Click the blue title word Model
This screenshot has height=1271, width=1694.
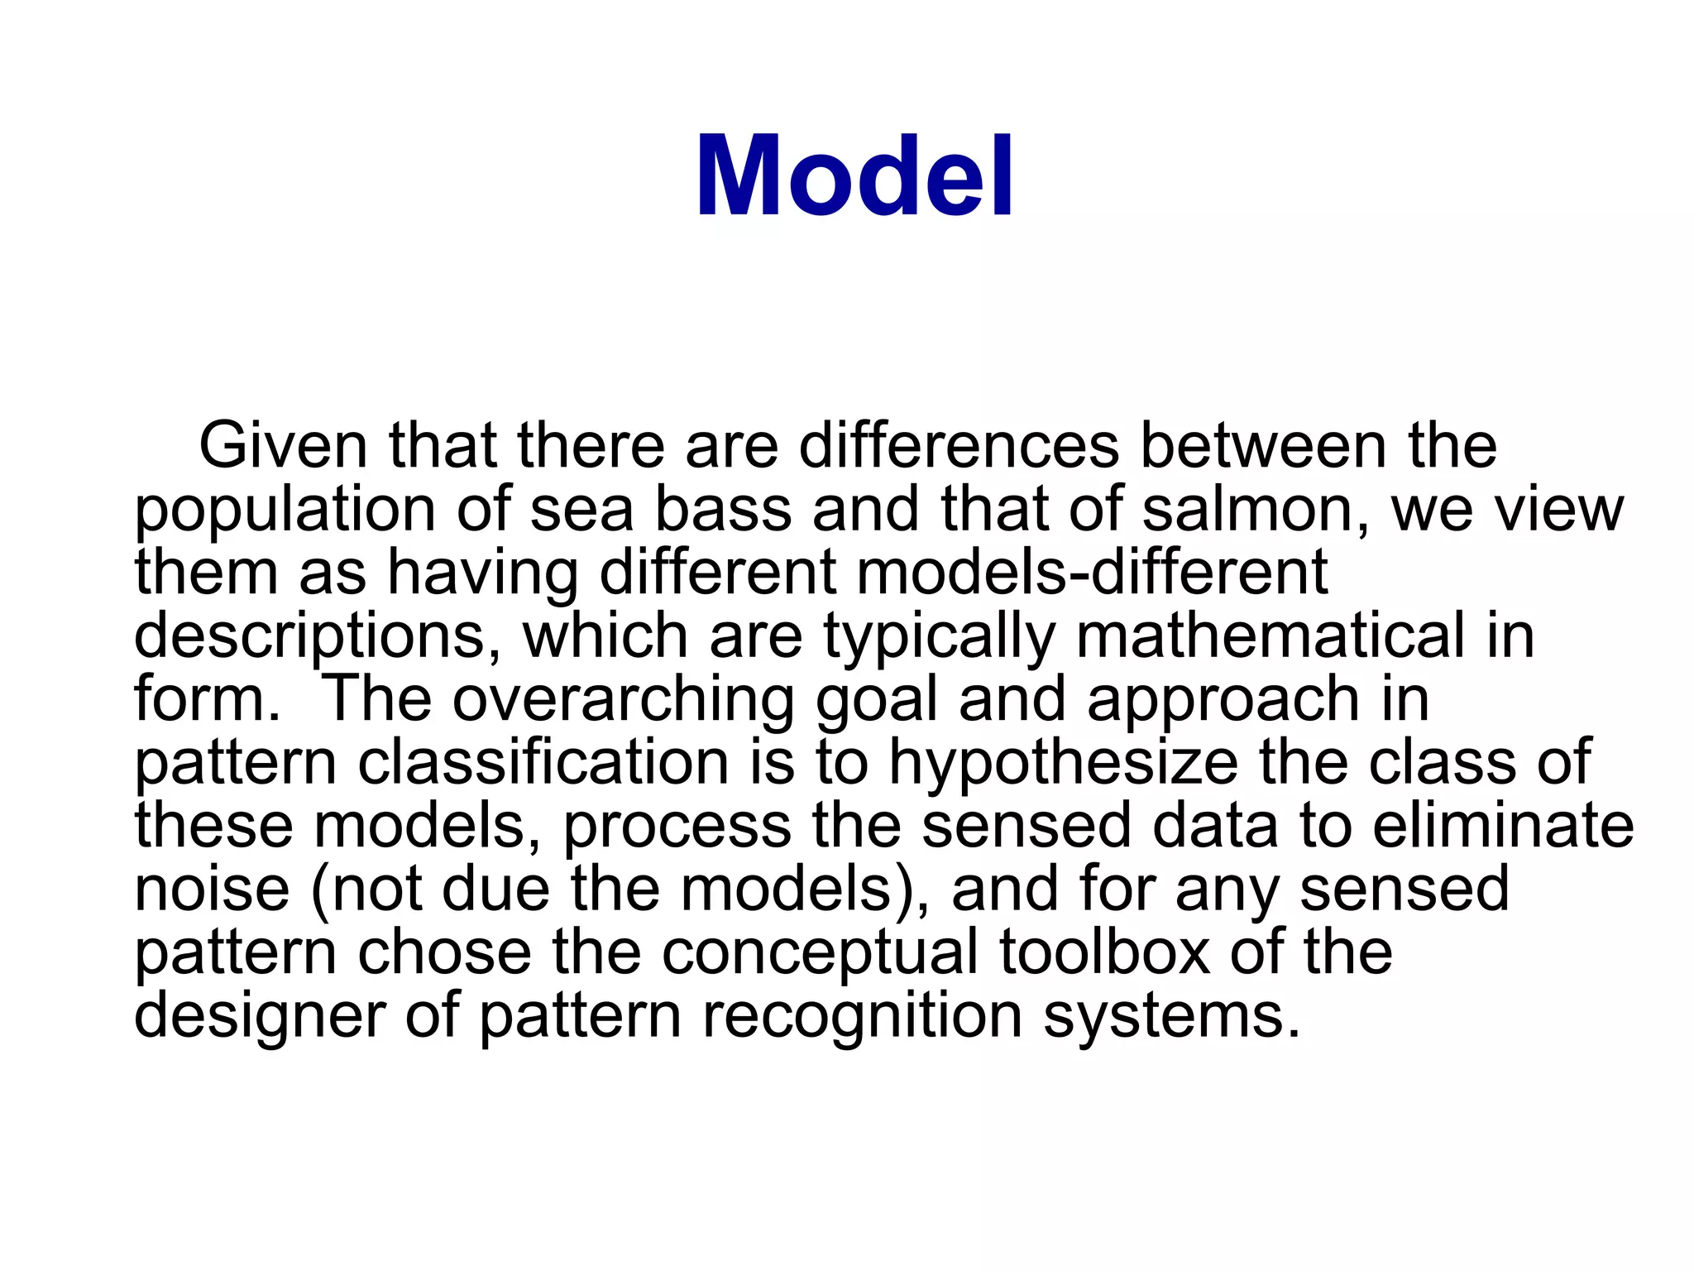click(x=854, y=176)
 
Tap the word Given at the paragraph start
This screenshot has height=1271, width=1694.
click(x=283, y=446)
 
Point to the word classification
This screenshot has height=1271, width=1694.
click(x=543, y=762)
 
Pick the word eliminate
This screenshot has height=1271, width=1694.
click(x=1503, y=826)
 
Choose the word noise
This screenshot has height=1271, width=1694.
click(x=212, y=889)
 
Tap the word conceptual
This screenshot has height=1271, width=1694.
click(x=820, y=953)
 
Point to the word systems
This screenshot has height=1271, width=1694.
click(x=1171, y=1016)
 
